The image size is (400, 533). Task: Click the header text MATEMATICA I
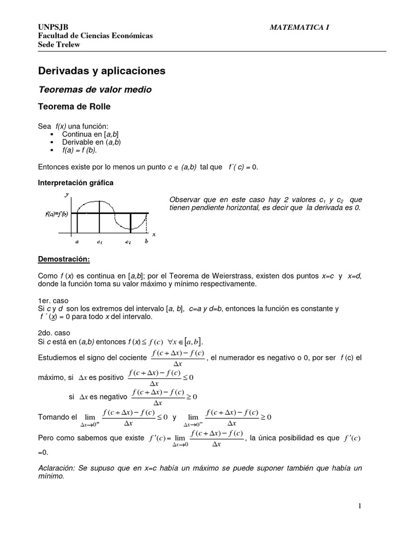299,27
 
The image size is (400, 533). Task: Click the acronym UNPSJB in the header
50,27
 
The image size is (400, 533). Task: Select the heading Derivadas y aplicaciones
102,70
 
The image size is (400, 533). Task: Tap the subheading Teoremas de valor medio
95,90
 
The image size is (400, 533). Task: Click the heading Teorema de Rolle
74,107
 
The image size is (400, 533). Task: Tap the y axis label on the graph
66,195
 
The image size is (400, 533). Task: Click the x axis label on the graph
154,235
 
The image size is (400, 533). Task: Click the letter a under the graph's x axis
77,242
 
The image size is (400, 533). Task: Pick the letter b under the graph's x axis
146,242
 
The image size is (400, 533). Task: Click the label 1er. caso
53,300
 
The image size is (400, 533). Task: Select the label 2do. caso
54,333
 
